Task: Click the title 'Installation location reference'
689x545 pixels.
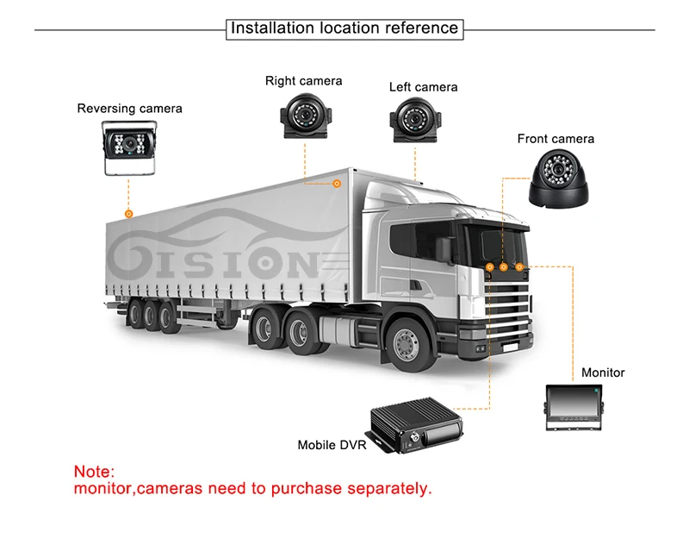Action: tap(344, 28)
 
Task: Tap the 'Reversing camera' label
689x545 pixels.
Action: tap(129, 109)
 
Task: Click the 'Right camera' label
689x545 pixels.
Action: tap(303, 81)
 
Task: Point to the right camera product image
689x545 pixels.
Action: tap(303, 116)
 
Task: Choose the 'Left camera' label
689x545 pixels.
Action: tap(423, 87)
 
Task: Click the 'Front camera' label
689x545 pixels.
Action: tap(556, 138)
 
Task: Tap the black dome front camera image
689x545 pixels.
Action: tap(559, 179)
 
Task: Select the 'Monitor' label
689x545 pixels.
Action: tap(603, 373)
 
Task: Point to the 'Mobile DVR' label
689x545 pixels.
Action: tap(332, 446)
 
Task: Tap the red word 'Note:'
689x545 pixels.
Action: tap(93, 472)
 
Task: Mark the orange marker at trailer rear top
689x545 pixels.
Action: tap(128, 211)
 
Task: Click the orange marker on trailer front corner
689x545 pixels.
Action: tap(338, 182)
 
